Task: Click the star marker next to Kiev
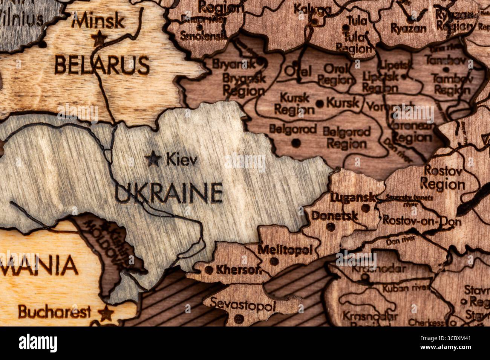[153, 159]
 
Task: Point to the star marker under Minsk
[99, 38]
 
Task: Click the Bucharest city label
[55, 312]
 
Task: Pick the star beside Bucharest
[106, 312]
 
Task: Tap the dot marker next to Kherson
[209, 270]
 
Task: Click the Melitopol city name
[285, 249]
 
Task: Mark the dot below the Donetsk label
[330, 227]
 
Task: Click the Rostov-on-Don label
[421, 221]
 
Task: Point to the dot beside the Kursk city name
[320, 103]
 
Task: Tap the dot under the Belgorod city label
[296, 143]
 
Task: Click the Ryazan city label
[409, 28]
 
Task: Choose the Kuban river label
[406, 288]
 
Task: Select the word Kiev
[182, 160]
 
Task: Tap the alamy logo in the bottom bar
[38, 343]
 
